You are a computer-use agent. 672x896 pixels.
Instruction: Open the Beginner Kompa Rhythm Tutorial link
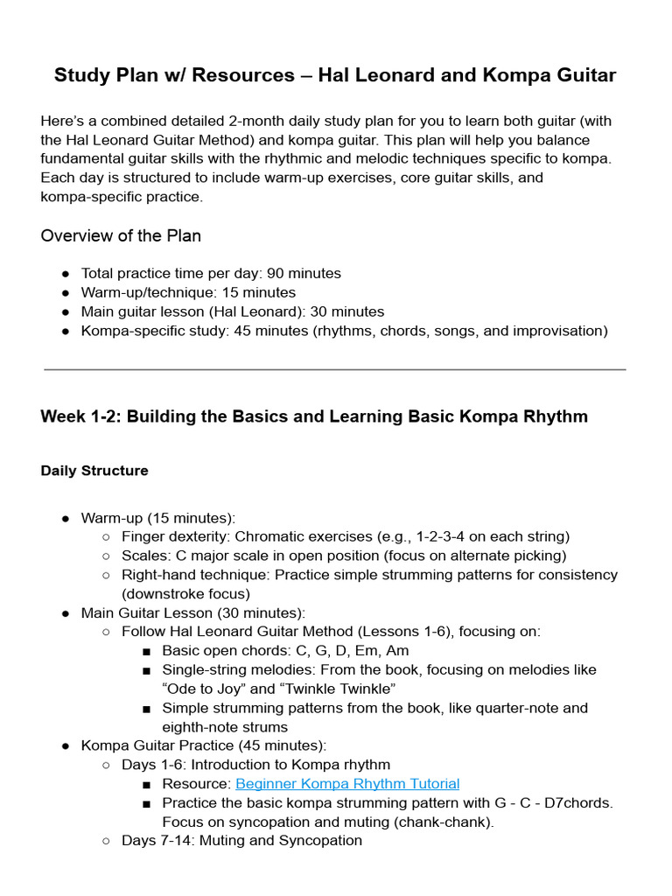pyautogui.click(x=347, y=783)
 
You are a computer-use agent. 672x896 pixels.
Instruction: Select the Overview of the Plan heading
pyautogui.click(x=121, y=235)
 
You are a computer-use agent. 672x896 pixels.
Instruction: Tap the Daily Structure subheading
pyautogui.click(x=94, y=470)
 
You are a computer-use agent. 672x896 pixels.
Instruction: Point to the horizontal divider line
pyautogui.click(x=335, y=369)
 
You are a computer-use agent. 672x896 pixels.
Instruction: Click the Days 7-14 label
pyautogui.click(x=154, y=840)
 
